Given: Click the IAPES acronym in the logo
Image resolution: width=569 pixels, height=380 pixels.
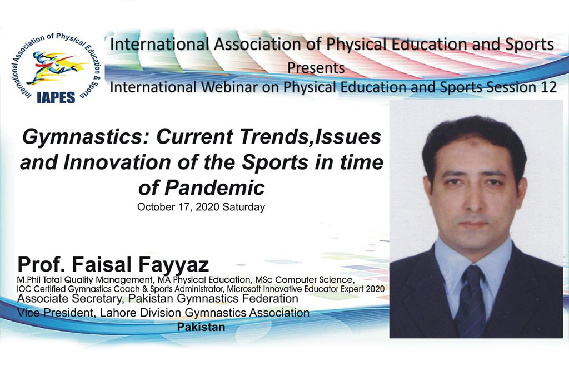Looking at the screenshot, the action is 56,97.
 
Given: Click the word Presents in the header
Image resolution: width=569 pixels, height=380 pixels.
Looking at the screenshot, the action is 316,68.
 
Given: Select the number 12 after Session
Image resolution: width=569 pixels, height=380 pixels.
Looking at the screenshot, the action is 548,87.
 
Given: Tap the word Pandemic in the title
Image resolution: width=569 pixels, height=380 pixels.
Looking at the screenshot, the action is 214,188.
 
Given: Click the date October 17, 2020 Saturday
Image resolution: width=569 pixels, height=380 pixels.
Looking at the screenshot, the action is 201,207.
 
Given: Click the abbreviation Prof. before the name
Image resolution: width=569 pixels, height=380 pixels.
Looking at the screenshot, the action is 42,264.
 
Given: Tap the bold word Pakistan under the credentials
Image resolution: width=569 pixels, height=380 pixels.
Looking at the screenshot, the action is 201,327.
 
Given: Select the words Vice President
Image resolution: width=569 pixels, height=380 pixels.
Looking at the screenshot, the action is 55,313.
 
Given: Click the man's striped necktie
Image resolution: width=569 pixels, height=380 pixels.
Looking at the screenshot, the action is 471,301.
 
